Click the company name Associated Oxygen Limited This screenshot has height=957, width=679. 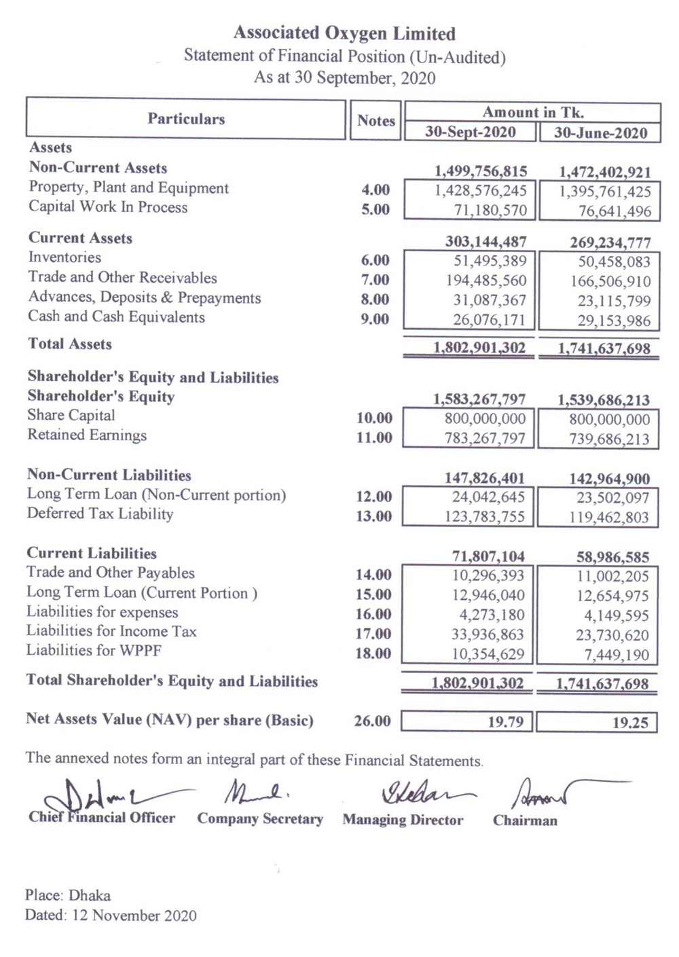[x=344, y=33]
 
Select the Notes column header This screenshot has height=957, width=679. [x=375, y=120]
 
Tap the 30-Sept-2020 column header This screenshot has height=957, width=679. [x=471, y=132]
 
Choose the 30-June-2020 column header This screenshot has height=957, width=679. [x=600, y=132]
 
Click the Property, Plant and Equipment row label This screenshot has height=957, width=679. [x=128, y=187]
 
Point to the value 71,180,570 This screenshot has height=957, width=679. [x=490, y=211]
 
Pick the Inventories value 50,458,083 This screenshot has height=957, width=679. [x=614, y=261]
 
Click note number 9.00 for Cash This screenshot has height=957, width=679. [x=375, y=319]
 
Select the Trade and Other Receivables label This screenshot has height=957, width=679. [x=122, y=277]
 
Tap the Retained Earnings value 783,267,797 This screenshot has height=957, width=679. [x=485, y=439]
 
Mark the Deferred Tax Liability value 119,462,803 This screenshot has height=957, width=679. [x=609, y=518]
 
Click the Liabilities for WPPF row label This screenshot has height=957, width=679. [x=94, y=651]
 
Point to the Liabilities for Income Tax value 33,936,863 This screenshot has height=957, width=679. [x=488, y=634]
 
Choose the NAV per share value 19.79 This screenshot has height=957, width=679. [x=505, y=721]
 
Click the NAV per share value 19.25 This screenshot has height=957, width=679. [x=629, y=723]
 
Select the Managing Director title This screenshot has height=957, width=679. [x=403, y=820]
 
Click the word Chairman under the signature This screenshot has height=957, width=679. [x=525, y=820]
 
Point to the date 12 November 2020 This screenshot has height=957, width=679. [x=134, y=916]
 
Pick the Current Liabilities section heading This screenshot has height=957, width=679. [x=92, y=553]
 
